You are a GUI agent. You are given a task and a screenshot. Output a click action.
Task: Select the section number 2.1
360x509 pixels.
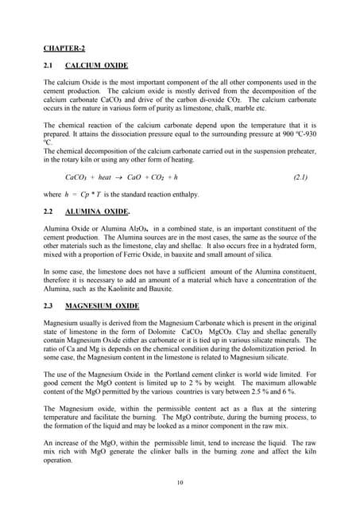pos(50,64)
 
